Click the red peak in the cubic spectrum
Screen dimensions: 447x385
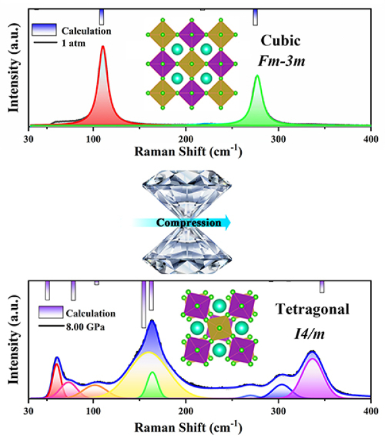click(103, 96)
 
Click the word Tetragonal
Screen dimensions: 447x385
click(312, 310)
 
